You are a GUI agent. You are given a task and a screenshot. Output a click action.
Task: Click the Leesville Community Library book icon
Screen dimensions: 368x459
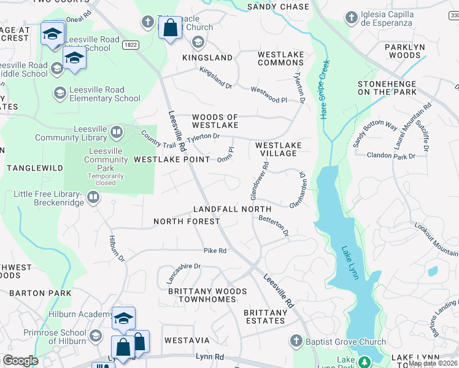[117, 131]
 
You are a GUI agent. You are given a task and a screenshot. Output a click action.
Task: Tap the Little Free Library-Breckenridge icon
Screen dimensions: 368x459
[93, 197]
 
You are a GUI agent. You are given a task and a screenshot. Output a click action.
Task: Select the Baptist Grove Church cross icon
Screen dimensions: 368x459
[296, 341]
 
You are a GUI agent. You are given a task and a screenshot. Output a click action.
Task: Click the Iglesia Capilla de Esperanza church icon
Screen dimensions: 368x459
[352, 17]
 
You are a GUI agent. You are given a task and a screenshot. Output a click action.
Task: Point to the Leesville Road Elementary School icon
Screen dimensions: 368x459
[60, 93]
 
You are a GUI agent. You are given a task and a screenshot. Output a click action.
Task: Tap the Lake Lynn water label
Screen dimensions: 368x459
[350, 263]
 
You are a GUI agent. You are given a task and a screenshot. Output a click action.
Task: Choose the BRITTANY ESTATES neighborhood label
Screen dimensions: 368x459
[265, 316]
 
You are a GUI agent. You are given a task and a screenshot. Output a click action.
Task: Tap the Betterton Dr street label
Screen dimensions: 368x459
[274, 225]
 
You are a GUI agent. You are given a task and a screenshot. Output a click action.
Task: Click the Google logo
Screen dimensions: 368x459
[20, 361]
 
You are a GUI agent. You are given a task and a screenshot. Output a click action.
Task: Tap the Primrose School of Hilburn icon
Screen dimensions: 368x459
[96, 335]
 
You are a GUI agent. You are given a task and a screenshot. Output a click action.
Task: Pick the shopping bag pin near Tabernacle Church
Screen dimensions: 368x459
[170, 28]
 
